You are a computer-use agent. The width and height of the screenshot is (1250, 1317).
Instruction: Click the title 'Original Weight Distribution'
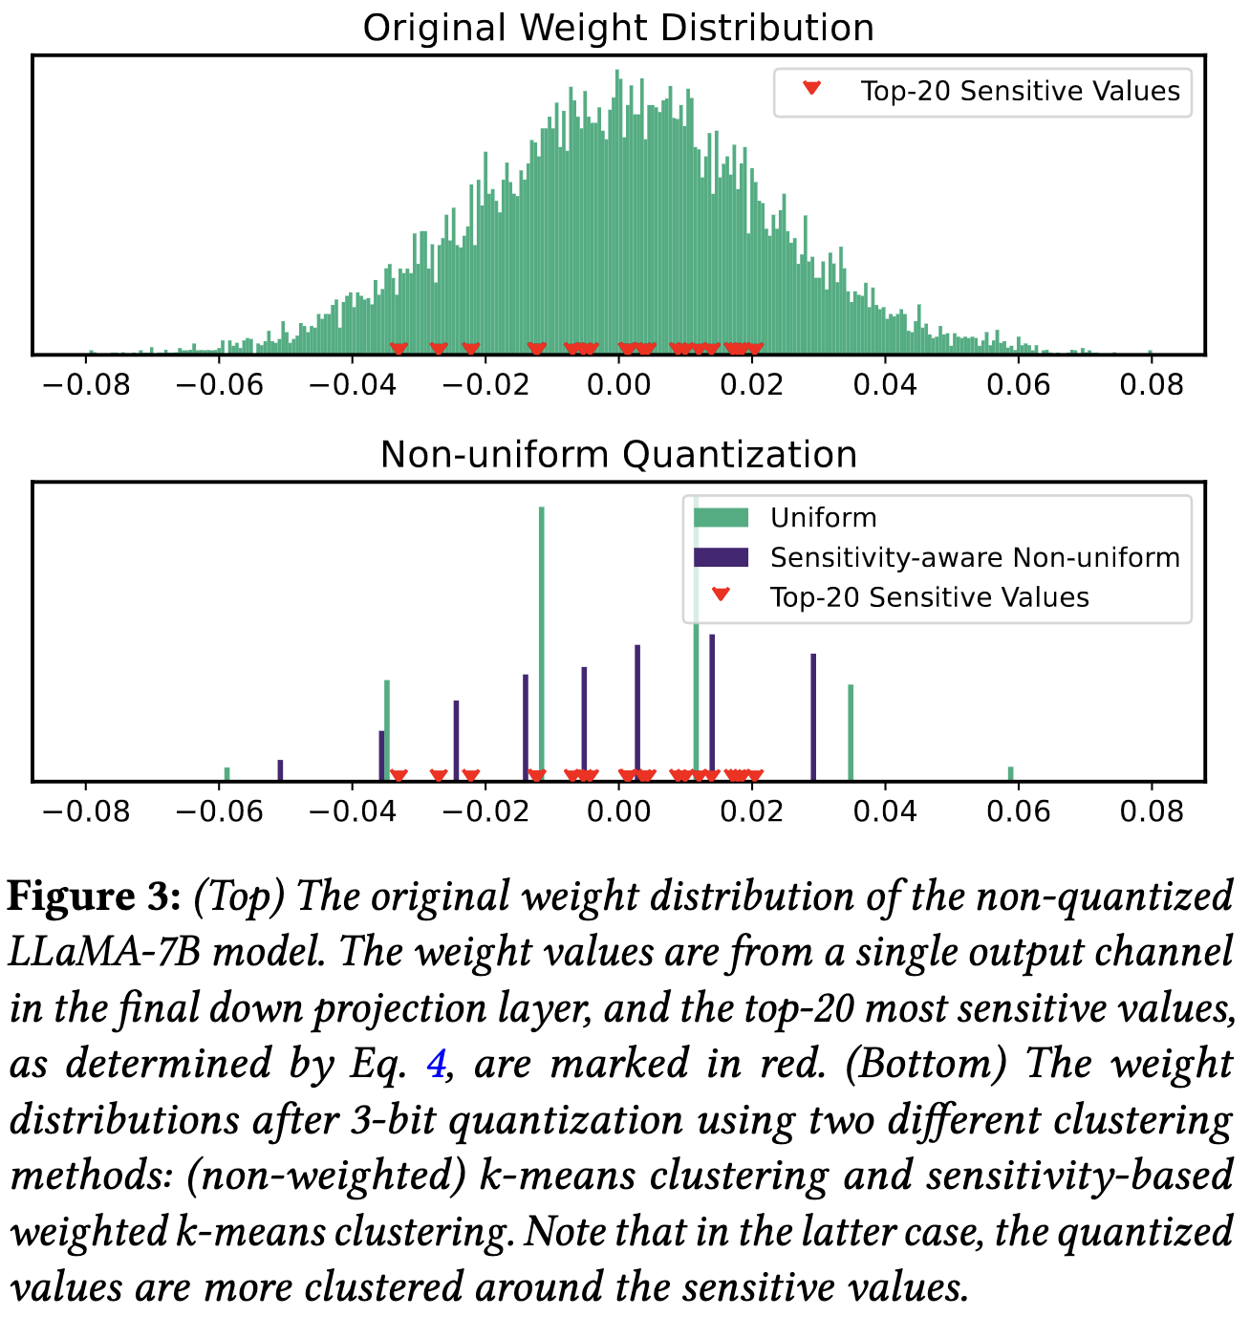coord(618,28)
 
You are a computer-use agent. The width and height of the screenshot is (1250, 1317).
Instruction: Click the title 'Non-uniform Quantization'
coord(618,454)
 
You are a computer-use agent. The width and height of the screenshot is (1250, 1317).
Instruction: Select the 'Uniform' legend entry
coord(823,518)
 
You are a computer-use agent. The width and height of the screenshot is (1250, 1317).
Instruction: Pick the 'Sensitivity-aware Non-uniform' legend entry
coord(975,557)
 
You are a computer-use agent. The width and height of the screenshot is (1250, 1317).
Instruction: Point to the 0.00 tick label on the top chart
coord(618,385)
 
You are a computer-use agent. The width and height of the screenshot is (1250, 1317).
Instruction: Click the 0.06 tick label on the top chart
coord(1018,385)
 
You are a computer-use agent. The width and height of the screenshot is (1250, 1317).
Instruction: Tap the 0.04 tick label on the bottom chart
coord(885,811)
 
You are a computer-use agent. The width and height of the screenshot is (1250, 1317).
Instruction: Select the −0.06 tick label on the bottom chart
coord(219,811)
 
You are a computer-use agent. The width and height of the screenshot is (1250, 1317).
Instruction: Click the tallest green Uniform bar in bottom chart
coord(542,640)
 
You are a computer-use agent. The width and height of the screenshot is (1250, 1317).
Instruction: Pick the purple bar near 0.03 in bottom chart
coord(813,717)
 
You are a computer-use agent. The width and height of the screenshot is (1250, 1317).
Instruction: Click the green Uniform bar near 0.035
coord(851,732)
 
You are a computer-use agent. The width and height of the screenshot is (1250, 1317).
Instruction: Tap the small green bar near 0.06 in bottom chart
coord(1011,773)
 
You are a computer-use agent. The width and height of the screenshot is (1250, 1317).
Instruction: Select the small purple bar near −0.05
coord(280,770)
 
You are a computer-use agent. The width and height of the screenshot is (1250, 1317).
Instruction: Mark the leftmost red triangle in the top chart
coord(399,349)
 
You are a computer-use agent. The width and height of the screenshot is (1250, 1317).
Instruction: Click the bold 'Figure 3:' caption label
coord(94,896)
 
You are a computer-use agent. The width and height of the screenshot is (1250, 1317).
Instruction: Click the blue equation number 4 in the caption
coord(436,1063)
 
